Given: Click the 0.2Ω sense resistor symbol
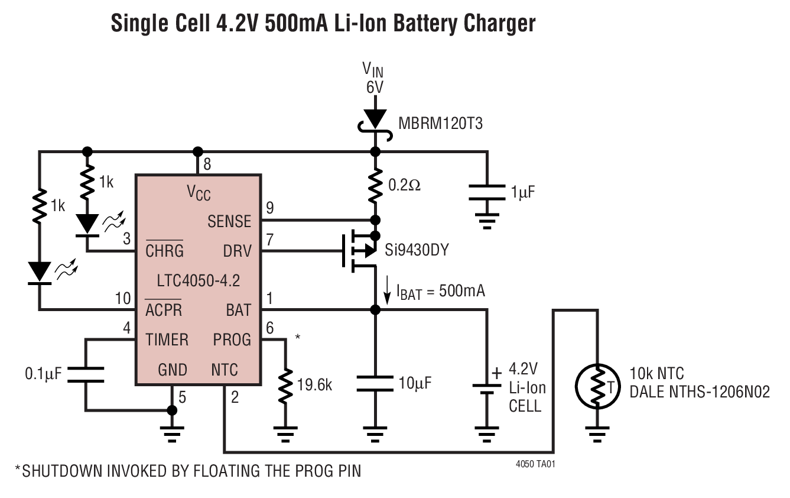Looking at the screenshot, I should coord(374,185).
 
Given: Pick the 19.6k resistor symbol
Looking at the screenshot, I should coord(285,385).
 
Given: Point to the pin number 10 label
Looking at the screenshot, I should coord(123,297).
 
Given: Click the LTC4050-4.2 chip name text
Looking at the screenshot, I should coord(198,280).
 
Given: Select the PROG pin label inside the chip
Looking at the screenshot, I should coord(232,339).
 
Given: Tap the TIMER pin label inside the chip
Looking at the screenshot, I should coord(167,339).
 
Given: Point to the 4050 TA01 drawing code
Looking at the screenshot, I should coord(535,464).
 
